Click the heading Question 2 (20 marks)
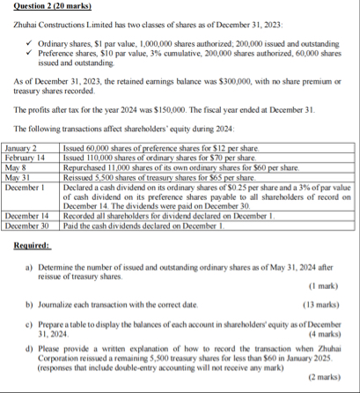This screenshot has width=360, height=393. coord(46,7)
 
